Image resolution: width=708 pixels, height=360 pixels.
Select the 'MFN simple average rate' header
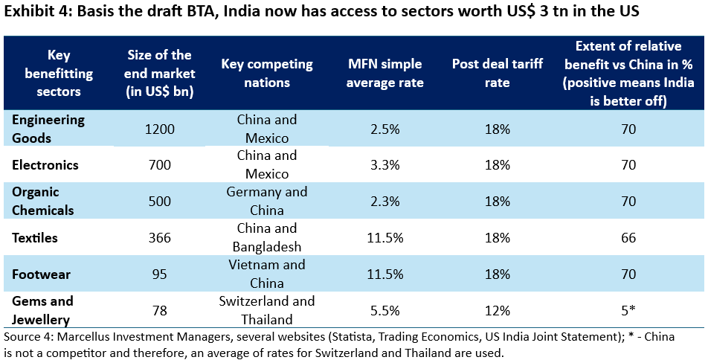click(x=386, y=74)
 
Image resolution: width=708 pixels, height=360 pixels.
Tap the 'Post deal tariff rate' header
click(x=492, y=74)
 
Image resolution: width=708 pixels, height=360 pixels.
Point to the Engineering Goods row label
click(x=48, y=128)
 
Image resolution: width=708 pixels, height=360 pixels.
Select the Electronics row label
click(x=45, y=164)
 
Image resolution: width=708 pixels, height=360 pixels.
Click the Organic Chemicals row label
click(x=43, y=201)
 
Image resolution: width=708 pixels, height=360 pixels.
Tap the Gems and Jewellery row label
click(x=42, y=310)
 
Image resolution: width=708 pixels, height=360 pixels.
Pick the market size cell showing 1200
click(x=160, y=129)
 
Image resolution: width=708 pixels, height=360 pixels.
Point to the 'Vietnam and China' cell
click(x=267, y=274)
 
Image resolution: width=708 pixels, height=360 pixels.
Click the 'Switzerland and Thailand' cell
click(x=267, y=310)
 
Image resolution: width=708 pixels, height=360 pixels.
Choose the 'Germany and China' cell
click(x=267, y=201)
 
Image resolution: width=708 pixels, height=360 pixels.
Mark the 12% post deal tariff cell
click(x=492, y=311)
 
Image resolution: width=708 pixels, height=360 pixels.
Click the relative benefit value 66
click(x=628, y=238)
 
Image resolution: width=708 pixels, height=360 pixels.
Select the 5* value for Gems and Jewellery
click(x=628, y=311)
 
